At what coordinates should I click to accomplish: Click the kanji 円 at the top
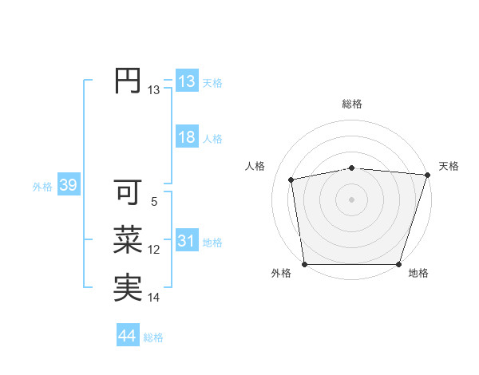128,81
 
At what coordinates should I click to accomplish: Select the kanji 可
128,192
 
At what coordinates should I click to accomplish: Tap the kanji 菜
128,240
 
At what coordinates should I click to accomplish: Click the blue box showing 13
186,81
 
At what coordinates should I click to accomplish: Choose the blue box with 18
186,137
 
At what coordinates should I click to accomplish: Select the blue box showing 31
186,241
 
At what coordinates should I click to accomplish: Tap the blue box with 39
68,186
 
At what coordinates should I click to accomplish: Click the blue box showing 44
127,336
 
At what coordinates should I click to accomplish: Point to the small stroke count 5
153,202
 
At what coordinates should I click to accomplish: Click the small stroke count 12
153,250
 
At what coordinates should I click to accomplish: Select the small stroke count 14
153,298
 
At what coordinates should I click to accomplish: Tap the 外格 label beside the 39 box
42,187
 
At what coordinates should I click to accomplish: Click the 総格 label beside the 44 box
153,337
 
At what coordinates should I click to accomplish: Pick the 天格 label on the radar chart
449,166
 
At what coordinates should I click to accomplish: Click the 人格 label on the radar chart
255,166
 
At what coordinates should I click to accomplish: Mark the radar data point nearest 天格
426,175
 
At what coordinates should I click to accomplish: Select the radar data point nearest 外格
304,264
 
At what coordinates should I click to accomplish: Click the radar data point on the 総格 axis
351,168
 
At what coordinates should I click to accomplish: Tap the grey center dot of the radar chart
351,199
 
